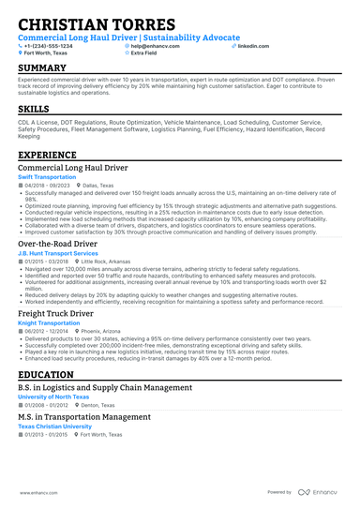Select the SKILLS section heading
[34, 110]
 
